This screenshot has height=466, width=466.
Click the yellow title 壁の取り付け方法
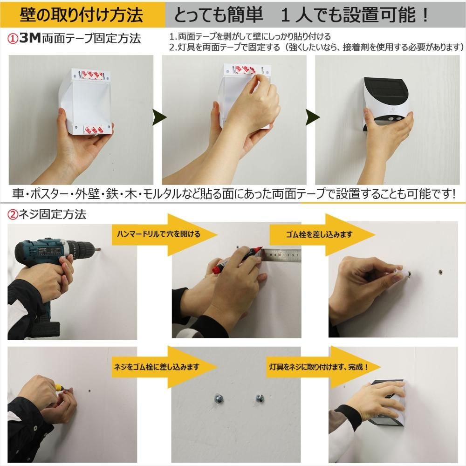(x=82, y=15)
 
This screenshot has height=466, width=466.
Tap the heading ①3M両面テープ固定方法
(x=74, y=39)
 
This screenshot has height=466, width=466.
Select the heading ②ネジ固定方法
(x=47, y=214)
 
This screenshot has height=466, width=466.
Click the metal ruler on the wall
(x=281, y=255)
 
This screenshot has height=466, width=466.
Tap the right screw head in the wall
(x=260, y=398)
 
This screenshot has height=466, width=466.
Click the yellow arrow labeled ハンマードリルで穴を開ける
(x=164, y=234)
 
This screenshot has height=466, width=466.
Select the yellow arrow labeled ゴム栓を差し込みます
(x=322, y=234)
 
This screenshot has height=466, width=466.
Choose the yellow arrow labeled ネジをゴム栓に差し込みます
(x=164, y=367)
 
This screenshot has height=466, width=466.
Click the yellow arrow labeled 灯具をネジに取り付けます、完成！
(x=323, y=367)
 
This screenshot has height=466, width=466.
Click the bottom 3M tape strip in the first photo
(x=94, y=130)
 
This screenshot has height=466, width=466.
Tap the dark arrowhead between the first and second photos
(x=159, y=118)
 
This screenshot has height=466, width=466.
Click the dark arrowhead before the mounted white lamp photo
(x=313, y=118)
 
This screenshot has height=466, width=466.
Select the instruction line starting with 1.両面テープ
(x=250, y=36)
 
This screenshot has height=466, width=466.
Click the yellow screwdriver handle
(x=59, y=388)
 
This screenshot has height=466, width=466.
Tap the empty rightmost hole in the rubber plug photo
(x=440, y=272)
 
